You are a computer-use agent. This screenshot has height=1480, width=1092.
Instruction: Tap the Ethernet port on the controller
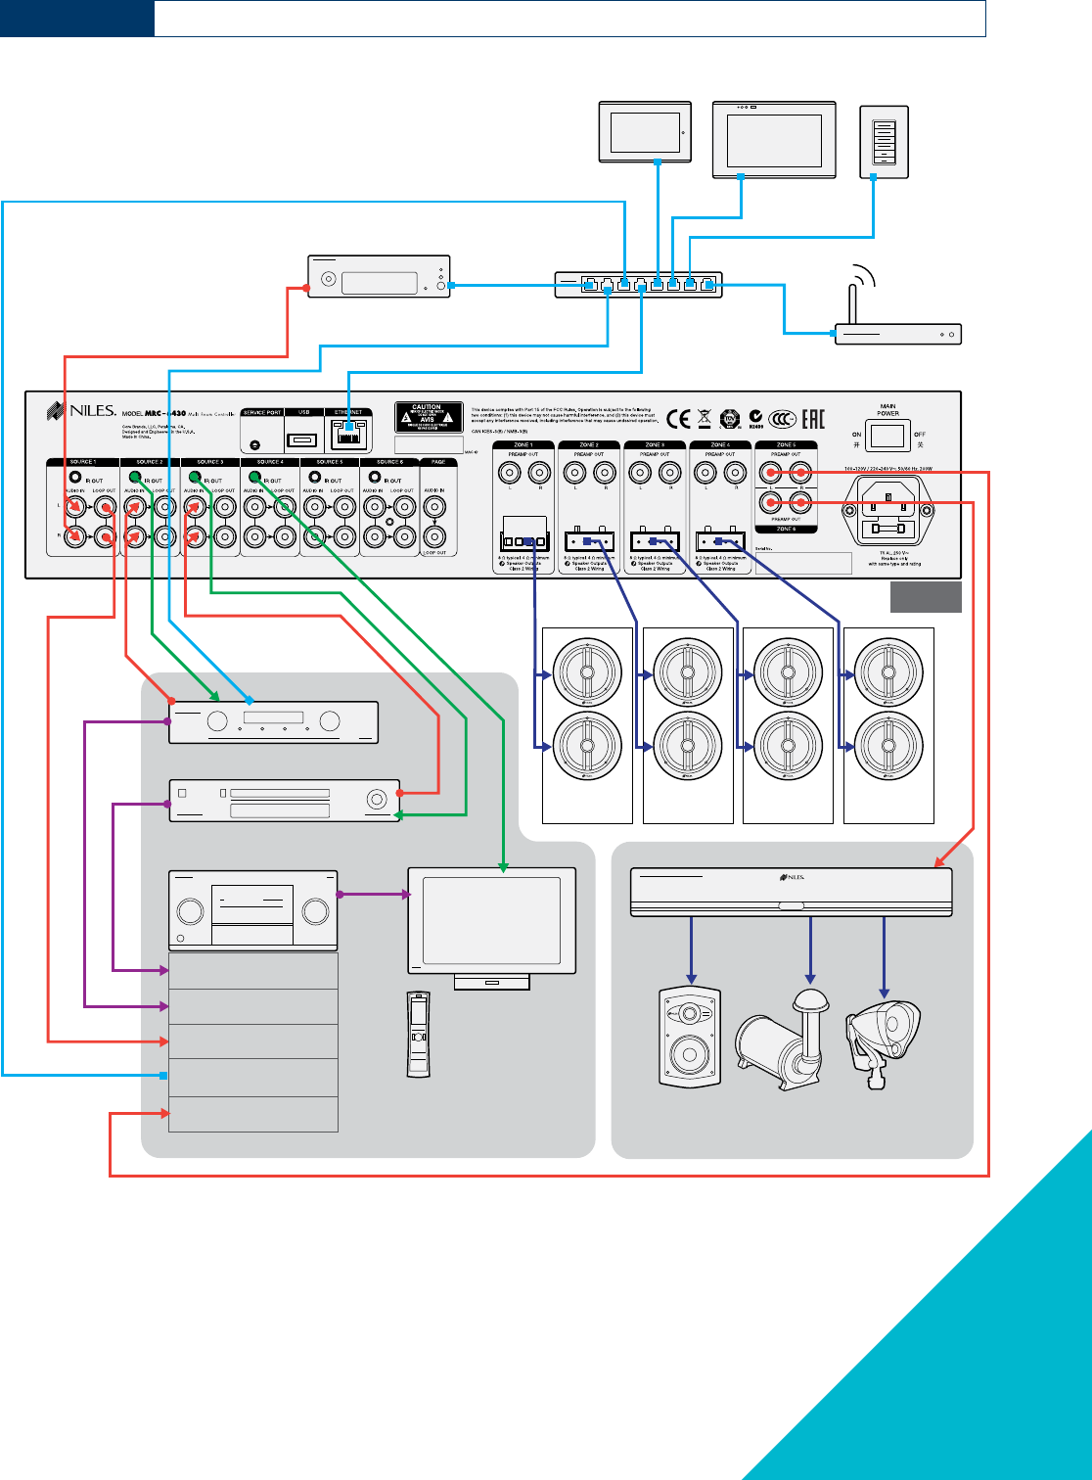pos(348,434)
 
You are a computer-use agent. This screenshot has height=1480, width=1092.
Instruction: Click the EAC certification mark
pos(812,419)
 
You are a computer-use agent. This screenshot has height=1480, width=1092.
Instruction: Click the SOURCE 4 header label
pos(269,462)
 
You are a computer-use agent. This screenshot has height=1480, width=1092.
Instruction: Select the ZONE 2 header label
pos(589,445)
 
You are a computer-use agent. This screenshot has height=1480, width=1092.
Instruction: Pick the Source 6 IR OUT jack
pos(374,479)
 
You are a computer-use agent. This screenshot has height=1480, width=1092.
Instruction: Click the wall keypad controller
pos(884,142)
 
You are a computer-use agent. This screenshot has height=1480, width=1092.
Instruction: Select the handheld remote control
pos(418,1034)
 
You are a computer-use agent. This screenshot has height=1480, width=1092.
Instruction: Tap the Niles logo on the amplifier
pos(792,877)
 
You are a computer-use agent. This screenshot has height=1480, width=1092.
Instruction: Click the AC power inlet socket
pos(889,510)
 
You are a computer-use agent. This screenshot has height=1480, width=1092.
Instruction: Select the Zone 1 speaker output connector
pos(523,541)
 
